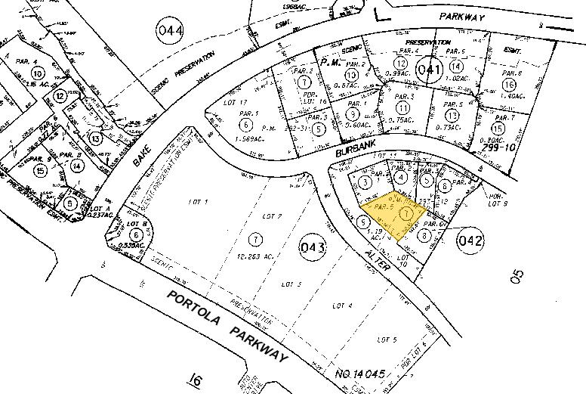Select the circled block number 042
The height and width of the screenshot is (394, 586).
[x=469, y=240]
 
